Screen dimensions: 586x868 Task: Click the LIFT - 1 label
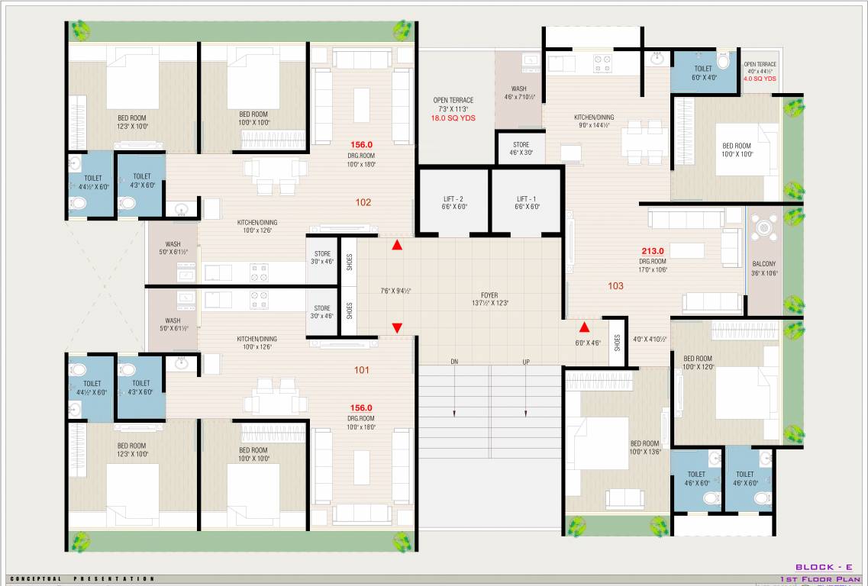pos(527,198)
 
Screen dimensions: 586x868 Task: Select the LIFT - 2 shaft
pos(453,202)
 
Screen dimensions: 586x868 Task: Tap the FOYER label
pos(489,295)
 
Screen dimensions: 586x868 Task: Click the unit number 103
pos(615,286)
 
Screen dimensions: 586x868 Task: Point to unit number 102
pos(363,202)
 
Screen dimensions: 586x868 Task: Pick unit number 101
pos(362,370)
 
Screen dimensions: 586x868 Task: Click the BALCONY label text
pos(763,265)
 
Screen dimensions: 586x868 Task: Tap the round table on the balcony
pos(763,227)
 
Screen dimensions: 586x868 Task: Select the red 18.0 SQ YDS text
pos(453,118)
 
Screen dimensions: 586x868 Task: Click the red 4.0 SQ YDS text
pos(760,79)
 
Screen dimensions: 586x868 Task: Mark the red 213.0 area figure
pos(653,250)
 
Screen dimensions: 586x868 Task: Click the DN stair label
pos(454,361)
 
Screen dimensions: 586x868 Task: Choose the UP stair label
pos(526,361)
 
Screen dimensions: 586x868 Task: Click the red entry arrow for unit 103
pos(584,327)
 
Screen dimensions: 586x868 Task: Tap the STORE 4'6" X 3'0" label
pos(521,148)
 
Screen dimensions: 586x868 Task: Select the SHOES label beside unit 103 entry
pos(617,342)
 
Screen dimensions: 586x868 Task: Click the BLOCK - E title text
pos(824,567)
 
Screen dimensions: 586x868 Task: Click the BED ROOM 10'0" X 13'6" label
pos(644,447)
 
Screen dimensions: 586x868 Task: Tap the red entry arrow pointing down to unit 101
pos(397,327)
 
